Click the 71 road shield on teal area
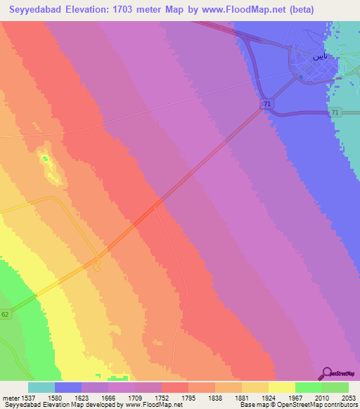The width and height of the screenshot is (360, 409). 335,112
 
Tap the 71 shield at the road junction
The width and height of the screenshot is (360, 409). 265,104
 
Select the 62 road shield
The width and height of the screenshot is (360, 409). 6,314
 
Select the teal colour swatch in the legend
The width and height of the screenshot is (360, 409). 41,387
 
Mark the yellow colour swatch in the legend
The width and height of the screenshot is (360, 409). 281,387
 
